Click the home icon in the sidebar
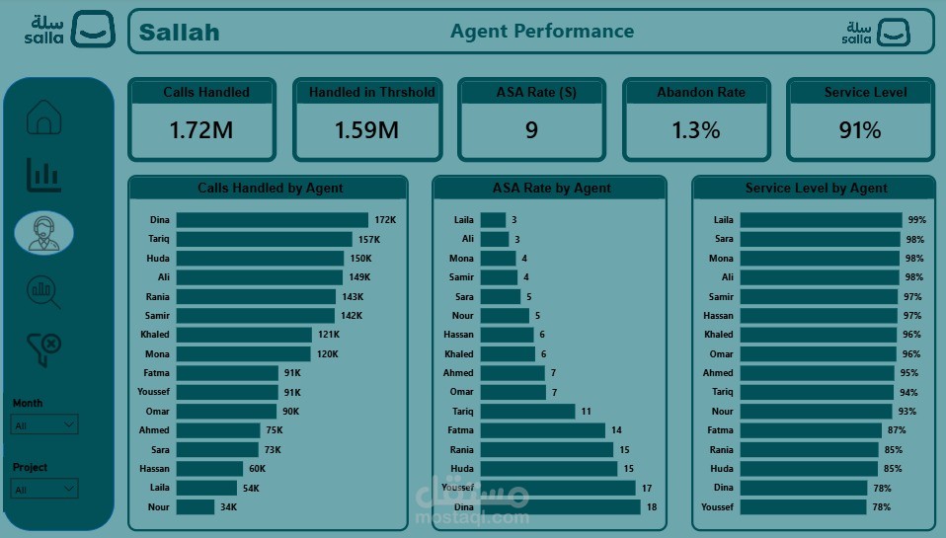click(44, 116)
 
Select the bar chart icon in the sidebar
click(43, 176)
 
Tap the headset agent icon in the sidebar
click(44, 233)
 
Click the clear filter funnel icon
click(44, 349)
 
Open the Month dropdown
click(44, 424)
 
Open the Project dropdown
click(44, 489)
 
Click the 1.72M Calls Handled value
click(200, 130)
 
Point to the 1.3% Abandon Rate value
click(695, 130)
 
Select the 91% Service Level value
click(860, 130)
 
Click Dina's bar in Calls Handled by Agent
click(273, 220)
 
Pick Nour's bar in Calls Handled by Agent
click(196, 507)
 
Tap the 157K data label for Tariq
click(369, 240)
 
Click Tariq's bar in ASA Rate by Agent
click(528, 412)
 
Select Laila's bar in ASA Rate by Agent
click(493, 220)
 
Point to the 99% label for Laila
click(917, 220)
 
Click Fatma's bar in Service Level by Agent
click(811, 430)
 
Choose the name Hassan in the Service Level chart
click(718, 316)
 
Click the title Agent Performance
click(542, 32)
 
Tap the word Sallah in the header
click(179, 33)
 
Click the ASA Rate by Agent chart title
click(551, 189)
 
